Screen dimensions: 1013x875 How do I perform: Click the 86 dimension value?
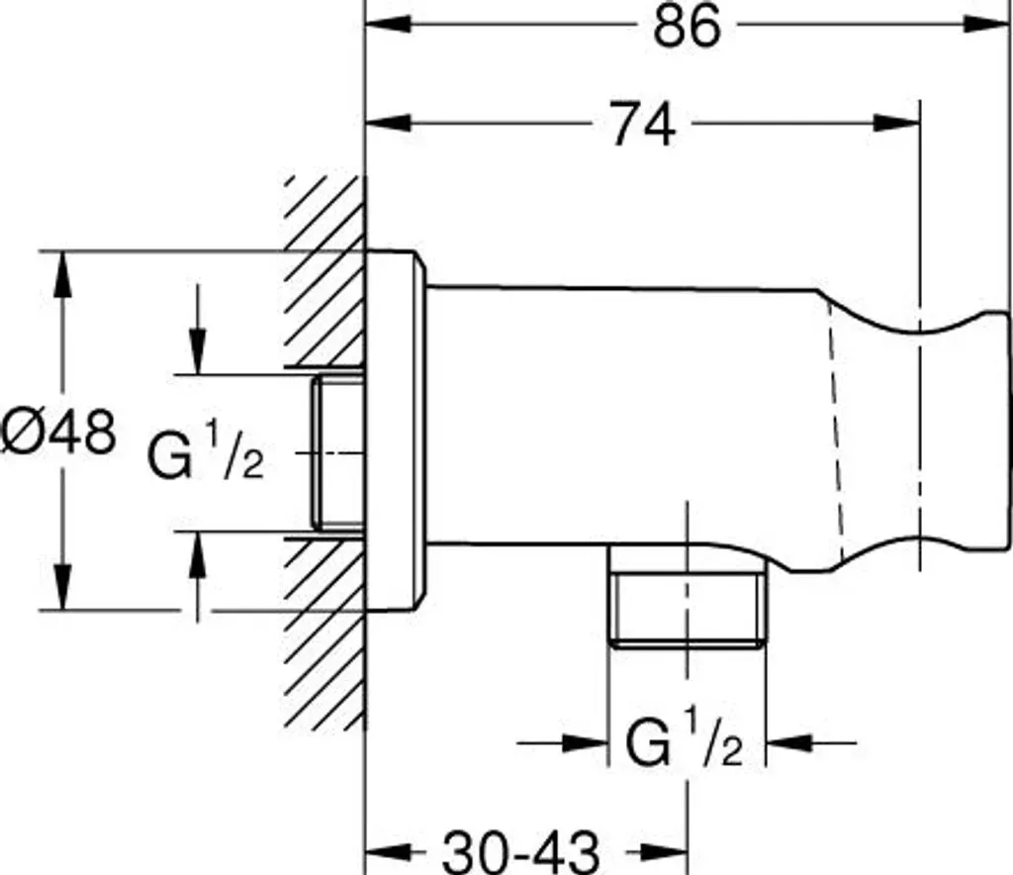tap(686, 27)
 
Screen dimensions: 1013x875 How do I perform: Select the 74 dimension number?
tap(642, 123)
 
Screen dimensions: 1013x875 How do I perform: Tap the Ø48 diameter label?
tap(58, 432)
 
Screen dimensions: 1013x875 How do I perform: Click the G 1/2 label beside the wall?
tap(206, 454)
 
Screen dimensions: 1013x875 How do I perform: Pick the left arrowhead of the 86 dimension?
tap(389, 25)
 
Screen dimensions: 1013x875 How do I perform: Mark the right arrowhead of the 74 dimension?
tap(895, 123)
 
